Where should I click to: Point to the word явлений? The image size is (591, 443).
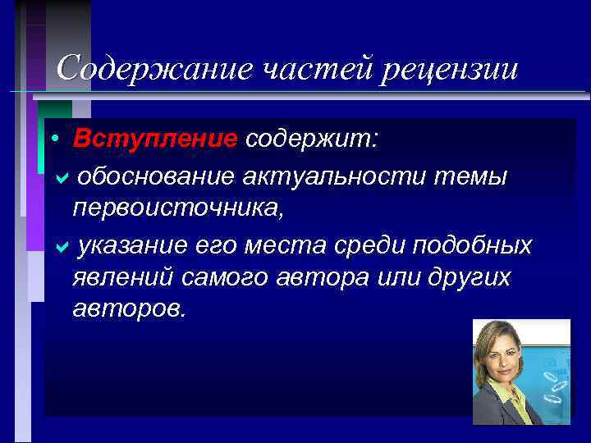tap(123, 278)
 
